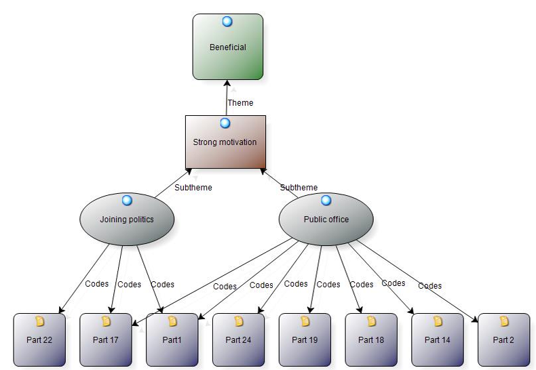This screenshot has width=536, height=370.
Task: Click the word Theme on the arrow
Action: point(240,103)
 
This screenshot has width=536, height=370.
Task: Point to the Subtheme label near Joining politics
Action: point(193,188)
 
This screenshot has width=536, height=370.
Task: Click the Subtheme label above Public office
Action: point(299,188)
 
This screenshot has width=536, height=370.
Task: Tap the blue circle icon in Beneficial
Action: point(227,22)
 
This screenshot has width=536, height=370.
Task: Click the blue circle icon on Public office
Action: point(326,201)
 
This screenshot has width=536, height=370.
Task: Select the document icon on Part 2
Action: point(504,321)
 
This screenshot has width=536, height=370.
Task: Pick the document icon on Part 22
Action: point(39,321)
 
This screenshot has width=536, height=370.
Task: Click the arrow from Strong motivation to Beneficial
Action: point(226,95)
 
